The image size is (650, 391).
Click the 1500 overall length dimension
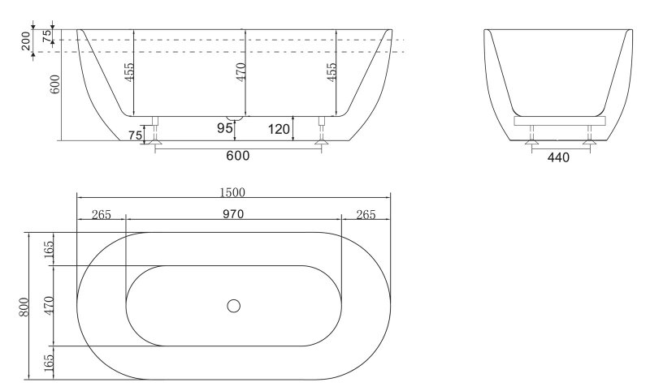232,192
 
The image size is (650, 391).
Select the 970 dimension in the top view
233,214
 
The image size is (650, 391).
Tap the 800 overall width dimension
24,307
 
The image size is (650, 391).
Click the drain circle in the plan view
234,306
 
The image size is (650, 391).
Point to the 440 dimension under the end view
558,157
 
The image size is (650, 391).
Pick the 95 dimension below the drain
225,128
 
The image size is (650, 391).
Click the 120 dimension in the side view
279,130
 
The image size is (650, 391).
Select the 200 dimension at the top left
26,41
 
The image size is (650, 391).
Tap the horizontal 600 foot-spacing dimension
238,156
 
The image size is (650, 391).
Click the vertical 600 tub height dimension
55,84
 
